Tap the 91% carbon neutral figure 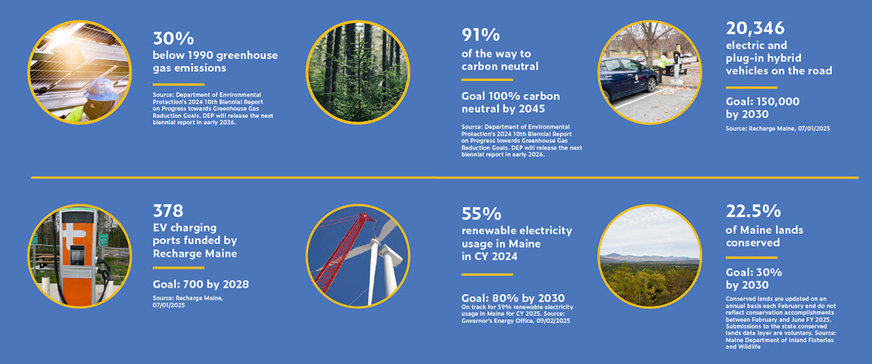pyautogui.click(x=480, y=36)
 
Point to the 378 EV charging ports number pyautogui.click(x=168, y=210)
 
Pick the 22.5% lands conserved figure pyautogui.click(x=753, y=211)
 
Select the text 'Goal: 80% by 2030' pyautogui.click(x=513, y=297)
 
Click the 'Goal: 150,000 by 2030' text pyautogui.click(x=762, y=107)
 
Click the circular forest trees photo pyautogui.click(x=357, y=72)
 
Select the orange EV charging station pyautogui.click(x=78, y=254)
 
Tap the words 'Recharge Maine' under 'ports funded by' pyautogui.click(x=195, y=254)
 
